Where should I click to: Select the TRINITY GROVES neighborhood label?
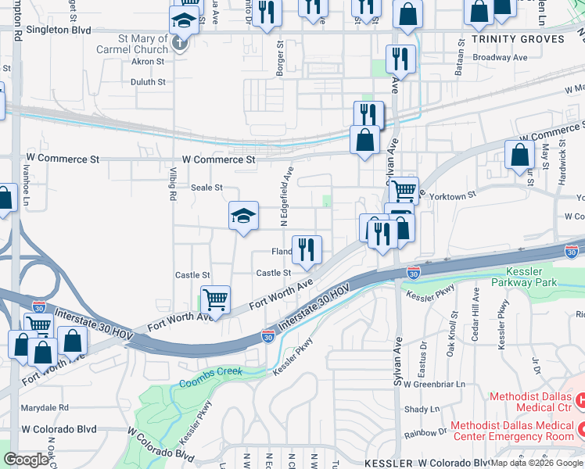pyautogui.click(x=518, y=39)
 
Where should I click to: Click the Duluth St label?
pyautogui.click(x=147, y=81)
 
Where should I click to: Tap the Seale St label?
pyautogui.click(x=207, y=188)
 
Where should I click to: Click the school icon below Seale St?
pyautogui.click(x=243, y=216)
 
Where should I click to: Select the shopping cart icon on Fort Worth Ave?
pyautogui.click(x=215, y=299)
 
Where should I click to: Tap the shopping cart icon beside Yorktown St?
pyautogui.click(x=404, y=190)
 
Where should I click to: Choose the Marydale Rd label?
pyautogui.click(x=45, y=407)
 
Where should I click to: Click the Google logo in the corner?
pyautogui.click(x=26, y=460)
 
